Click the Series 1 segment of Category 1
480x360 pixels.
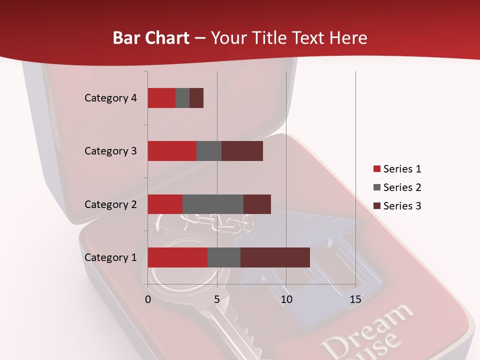coord(177,257)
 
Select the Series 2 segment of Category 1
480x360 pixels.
coord(224,257)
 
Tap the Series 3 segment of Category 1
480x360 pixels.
coord(275,257)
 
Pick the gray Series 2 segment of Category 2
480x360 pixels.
coord(213,204)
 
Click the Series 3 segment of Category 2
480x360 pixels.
coord(257,204)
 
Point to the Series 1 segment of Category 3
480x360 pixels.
coord(172,151)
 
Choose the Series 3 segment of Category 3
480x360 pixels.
coord(242,151)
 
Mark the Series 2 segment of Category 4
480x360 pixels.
coord(182,98)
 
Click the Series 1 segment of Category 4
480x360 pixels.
coord(161,98)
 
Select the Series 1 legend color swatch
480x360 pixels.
coord(376,169)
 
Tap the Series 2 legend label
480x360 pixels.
coord(402,187)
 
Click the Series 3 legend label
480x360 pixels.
coord(402,206)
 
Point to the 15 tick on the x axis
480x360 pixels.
coord(355,299)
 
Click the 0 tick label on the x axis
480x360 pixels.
coord(148,299)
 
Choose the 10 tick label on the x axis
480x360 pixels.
coord(286,299)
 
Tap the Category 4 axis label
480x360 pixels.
coord(110,98)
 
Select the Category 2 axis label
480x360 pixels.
coord(110,204)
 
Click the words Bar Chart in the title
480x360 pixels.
coord(151,38)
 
